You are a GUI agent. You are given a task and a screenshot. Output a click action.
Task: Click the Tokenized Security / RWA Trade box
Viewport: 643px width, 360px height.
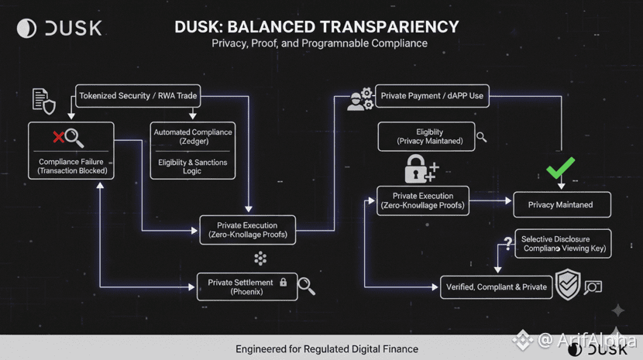coord(138,97)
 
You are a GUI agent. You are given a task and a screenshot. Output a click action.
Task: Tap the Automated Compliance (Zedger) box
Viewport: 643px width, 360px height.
coord(193,137)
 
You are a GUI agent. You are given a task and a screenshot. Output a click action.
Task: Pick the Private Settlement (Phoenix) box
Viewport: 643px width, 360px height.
coord(247,286)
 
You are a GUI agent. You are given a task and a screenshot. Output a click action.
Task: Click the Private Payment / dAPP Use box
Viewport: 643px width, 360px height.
coord(432,97)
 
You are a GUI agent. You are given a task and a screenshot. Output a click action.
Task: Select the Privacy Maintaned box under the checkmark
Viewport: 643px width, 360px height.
coord(562,204)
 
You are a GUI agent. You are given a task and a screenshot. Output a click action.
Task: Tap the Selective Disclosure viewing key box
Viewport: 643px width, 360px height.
coord(562,244)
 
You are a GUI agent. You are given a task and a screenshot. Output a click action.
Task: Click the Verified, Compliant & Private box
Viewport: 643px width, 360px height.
coord(496,286)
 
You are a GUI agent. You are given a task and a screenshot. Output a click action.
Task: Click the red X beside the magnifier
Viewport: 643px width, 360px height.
coord(58,138)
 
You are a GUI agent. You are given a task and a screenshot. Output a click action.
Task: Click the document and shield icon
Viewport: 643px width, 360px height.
coord(43,101)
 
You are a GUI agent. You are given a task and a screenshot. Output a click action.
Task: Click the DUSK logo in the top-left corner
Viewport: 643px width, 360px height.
coord(59,28)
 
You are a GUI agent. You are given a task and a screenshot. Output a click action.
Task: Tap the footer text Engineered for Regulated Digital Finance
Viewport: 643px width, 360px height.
coord(327,349)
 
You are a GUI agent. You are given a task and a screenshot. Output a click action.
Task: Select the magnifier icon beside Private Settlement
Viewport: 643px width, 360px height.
coord(306,286)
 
